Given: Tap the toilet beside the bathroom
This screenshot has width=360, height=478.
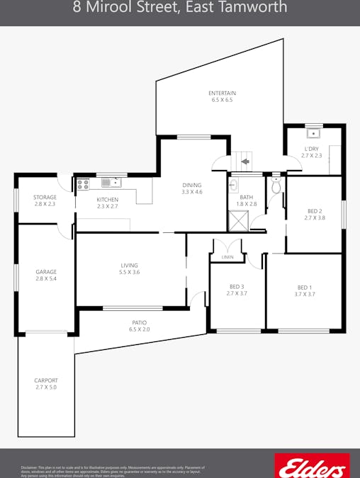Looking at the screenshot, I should coord(276,186).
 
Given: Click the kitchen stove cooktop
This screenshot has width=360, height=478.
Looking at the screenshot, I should coord(82,183).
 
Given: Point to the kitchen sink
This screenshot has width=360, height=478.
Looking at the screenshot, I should coord(111,183).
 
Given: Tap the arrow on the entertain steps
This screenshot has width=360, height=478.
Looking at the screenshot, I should coord(244,162).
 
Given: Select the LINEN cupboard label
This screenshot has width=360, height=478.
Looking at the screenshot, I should coord(227,257).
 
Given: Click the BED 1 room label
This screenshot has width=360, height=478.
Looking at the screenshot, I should coord(305,287).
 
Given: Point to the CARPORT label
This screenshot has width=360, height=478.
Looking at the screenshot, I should coord(46,380).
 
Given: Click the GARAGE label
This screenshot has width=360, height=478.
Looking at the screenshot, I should coord(46,272).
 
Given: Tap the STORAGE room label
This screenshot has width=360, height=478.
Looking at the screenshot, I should coord(45,198).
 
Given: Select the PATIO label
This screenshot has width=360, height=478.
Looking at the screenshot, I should coord(139,322).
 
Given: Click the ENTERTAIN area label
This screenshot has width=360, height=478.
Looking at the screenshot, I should coord(222,93).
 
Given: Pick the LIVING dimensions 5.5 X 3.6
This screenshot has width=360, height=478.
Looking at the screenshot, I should coord(129,273).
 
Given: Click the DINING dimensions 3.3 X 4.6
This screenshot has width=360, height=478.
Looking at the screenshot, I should coord(192,192).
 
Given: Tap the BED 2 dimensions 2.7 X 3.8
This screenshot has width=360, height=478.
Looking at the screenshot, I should coord(315,218).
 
